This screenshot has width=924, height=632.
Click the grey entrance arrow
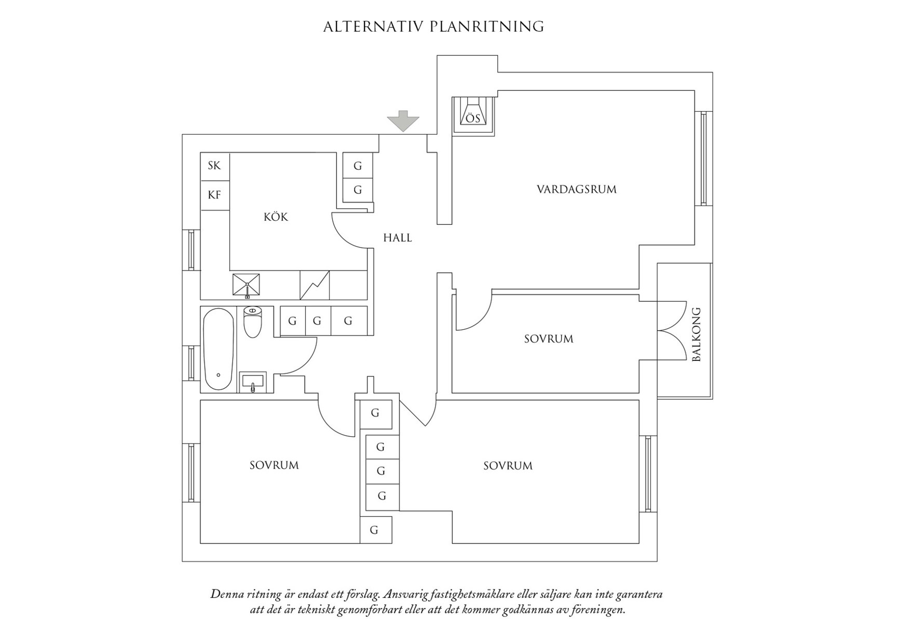point(403,120)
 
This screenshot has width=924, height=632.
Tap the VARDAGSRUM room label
point(576,190)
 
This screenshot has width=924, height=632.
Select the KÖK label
point(276,217)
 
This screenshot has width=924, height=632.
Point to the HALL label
point(397,238)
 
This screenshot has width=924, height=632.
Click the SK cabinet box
point(215,166)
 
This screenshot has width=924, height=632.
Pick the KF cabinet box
point(215,195)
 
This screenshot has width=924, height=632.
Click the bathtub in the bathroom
point(218,349)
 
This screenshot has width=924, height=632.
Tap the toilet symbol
point(252,321)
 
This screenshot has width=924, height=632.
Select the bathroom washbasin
point(253,382)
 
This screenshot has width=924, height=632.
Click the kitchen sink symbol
point(246,285)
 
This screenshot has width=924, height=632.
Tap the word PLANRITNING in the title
point(487,27)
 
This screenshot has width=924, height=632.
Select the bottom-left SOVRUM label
point(274,465)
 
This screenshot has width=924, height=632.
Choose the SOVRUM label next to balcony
point(548,339)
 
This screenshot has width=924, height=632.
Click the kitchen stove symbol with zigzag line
point(315,285)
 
